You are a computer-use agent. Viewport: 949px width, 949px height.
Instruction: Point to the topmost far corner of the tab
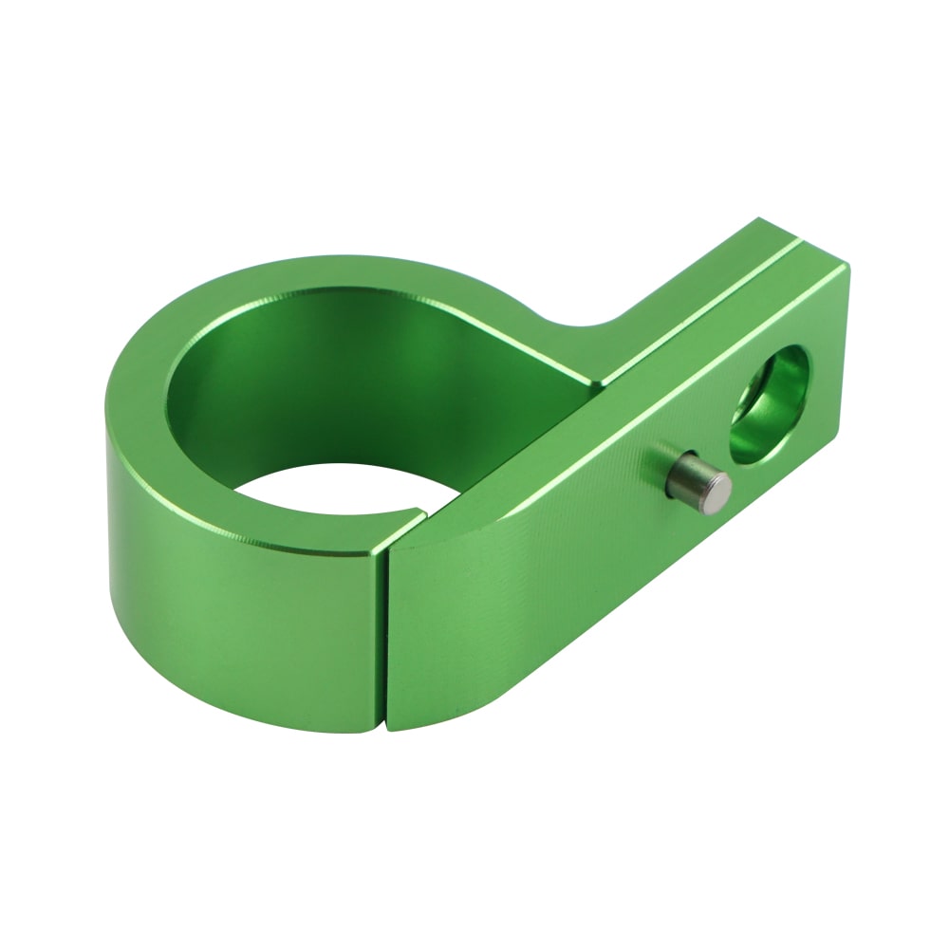[x=759, y=219]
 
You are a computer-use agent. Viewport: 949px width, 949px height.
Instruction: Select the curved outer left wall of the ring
[x=142, y=531]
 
